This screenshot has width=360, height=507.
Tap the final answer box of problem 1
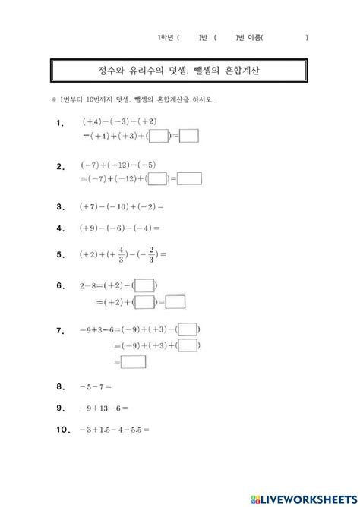coord(188,137)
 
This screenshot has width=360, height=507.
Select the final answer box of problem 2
coord(189,179)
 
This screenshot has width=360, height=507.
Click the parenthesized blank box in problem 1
coord(158,137)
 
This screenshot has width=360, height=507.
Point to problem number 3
coord(60,206)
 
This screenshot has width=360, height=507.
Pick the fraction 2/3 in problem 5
coord(152,254)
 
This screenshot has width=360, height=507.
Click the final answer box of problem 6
coord(175,301)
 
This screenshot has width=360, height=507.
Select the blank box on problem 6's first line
coord(145,286)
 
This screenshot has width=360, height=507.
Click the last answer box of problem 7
coord(133,362)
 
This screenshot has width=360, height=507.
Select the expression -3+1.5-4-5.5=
coord(114,429)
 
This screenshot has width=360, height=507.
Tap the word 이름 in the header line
coord(253,37)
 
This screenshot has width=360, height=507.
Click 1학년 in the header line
coord(166,37)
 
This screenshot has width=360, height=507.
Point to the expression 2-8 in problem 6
coord(89,286)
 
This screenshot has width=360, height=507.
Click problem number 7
coord(60,331)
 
